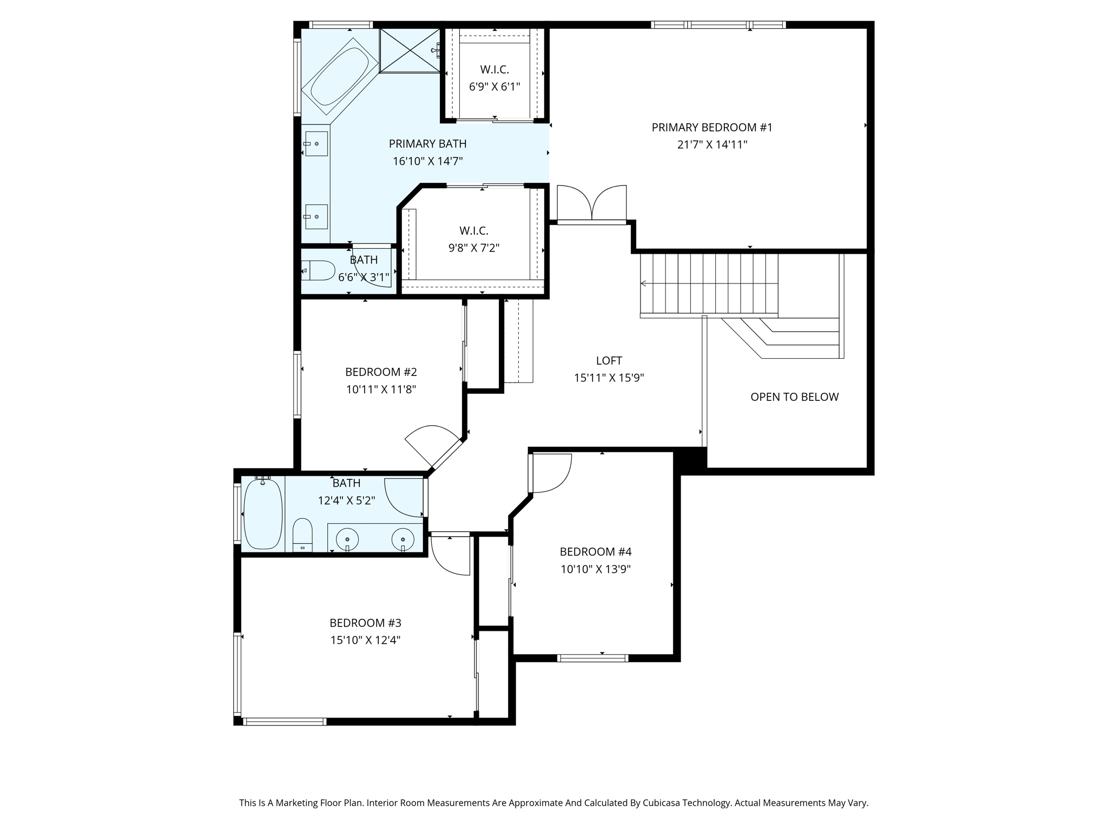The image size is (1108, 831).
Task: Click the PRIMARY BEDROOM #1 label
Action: (712, 128)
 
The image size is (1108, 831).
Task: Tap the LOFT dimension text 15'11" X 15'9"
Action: (609, 378)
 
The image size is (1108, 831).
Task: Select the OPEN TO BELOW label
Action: (794, 397)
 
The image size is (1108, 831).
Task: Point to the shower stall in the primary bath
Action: (410, 50)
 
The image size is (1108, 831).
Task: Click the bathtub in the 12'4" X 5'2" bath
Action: (263, 513)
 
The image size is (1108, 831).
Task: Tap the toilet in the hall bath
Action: (302, 535)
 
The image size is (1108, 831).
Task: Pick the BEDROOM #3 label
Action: (365, 623)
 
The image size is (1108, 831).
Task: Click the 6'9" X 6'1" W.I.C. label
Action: (494, 70)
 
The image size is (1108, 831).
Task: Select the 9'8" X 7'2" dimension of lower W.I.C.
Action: (473, 248)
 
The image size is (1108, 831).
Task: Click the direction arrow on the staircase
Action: (644, 283)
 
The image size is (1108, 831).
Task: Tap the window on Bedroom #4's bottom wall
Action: (592, 658)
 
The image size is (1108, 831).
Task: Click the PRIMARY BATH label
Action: (427, 144)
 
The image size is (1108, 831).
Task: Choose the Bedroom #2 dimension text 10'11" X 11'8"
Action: (381, 389)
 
